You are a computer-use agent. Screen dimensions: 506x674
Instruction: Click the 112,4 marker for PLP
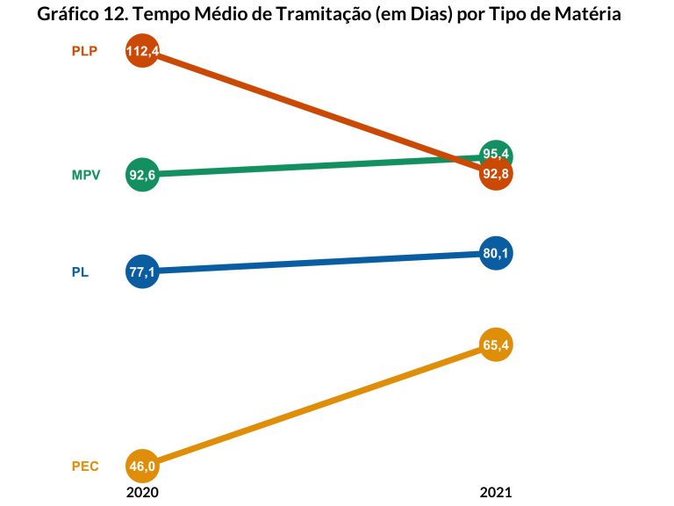point(142,52)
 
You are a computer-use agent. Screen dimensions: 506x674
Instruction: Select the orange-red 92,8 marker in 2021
point(496,174)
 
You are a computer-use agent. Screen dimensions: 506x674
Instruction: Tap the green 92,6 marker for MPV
point(142,175)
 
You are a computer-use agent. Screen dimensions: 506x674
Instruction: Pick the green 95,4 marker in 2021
point(497,153)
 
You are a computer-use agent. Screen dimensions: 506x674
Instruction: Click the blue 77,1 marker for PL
point(142,272)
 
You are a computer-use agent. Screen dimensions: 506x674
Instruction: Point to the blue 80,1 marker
point(496,254)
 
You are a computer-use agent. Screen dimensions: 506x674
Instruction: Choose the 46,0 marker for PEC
point(142,466)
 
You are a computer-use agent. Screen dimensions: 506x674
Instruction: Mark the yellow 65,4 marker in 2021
point(496,345)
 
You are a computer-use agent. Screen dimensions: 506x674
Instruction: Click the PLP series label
point(84,51)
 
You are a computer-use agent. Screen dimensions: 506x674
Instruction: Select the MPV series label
point(86,175)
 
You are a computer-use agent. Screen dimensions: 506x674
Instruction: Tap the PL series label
point(80,272)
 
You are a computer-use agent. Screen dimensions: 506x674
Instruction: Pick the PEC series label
point(85,466)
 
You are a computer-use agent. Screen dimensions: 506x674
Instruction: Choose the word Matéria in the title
point(594,15)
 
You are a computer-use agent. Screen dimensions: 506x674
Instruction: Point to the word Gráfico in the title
point(67,15)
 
